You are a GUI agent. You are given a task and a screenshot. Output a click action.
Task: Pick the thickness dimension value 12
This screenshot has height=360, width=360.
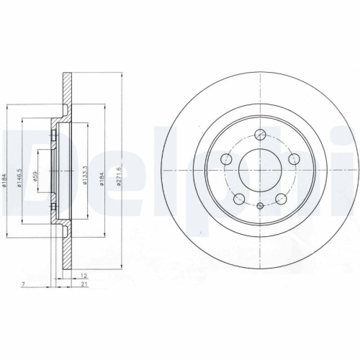[84, 276]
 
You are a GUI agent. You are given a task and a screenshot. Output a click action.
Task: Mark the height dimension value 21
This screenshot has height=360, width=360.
[84, 286]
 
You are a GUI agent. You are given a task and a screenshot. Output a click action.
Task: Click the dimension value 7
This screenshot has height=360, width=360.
[23, 286]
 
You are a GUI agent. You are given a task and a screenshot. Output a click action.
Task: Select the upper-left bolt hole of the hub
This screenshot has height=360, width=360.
[226, 158]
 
